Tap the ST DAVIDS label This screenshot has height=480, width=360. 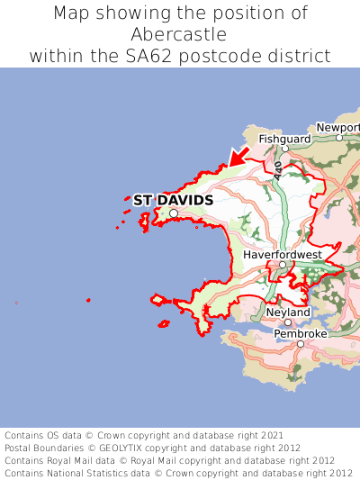pos(173,200)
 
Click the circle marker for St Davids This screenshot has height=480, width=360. pos(174,213)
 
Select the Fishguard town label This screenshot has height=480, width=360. pos(284,140)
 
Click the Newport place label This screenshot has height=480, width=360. pos(339,128)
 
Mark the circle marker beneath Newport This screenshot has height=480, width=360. pos(339,138)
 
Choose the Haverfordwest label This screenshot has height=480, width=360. pos(282,255)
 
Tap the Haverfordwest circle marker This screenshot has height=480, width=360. pos(282,265)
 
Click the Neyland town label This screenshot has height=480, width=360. pos(288,312)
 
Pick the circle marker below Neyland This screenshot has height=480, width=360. pos(288,322)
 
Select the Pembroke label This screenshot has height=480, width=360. pos(301,333)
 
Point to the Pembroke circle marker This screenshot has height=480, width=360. pos(300,343)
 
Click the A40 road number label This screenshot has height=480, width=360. pos(279,168)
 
